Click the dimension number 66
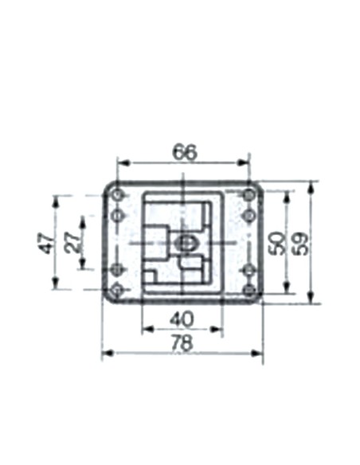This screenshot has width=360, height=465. (x=185, y=151)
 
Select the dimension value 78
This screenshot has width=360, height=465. (x=183, y=342)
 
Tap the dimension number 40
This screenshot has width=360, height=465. (x=182, y=318)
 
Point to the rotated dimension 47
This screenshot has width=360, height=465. (x=45, y=242)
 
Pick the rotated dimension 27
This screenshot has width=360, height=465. (x=72, y=242)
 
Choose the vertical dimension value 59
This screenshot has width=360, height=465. (x=301, y=242)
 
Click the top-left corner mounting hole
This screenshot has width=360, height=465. (x=118, y=194)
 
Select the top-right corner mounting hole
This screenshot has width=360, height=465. (x=250, y=194)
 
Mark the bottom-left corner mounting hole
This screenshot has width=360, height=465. (x=118, y=290)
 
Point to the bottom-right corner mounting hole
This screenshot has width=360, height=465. (x=250, y=290)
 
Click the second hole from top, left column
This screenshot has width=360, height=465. (x=118, y=215)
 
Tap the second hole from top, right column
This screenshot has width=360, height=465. (x=250, y=215)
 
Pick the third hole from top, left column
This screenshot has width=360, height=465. (x=118, y=269)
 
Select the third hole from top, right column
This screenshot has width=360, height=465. (x=250, y=269)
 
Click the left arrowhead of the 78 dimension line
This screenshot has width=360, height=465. (x=106, y=353)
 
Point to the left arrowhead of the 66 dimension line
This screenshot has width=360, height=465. (x=122, y=162)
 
